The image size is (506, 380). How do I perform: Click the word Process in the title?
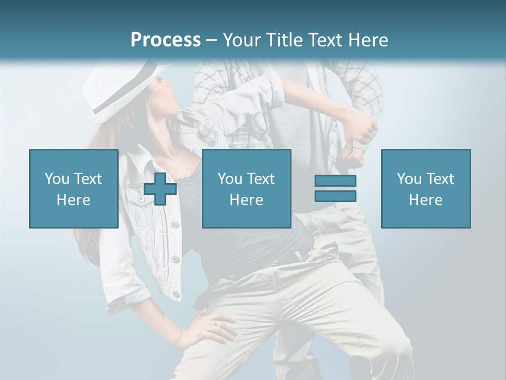tap(166, 40)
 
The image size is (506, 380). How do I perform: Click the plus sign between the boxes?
tap(160, 189)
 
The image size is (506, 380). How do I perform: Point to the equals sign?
tap(335, 188)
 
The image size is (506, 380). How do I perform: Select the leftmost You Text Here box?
tap(74, 189)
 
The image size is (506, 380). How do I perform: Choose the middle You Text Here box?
tap(246, 189)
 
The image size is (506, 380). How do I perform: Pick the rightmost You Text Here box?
tap(426, 189)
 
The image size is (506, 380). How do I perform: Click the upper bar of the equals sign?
tap(335, 181)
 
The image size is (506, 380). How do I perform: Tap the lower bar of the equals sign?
tap(335, 196)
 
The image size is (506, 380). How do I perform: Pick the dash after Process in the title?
tap(212, 41)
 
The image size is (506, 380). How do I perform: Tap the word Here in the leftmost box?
tap(74, 200)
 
